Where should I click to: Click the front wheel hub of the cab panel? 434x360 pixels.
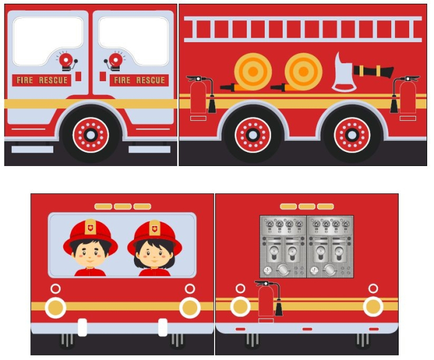tap(91, 134)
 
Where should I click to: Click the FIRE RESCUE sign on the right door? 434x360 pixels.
tap(139, 80)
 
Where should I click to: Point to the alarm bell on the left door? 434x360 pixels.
tap(65, 61)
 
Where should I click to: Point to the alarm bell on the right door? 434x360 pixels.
tap(115, 61)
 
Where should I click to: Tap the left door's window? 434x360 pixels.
tap(48, 41)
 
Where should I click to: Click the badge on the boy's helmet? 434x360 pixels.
tap(91, 228)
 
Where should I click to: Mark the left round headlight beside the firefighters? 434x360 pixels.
tap(56, 307)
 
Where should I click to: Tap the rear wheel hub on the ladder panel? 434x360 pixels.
tap(352, 134)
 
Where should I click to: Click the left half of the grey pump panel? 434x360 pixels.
tap(283, 246)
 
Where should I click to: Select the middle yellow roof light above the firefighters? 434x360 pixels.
tap(123, 206)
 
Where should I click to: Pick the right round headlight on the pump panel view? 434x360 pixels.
tap(373, 306)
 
